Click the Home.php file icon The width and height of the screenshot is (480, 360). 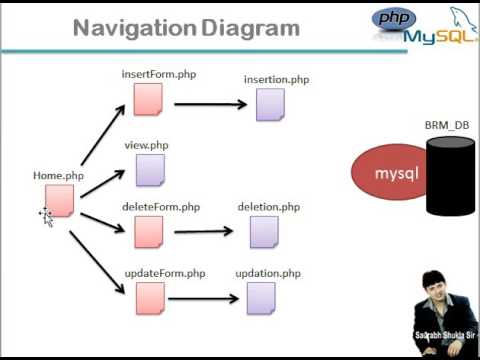pyautogui.click(x=60, y=200)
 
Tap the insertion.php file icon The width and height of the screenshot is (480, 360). pyautogui.click(x=269, y=103)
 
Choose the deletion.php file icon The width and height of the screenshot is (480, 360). pyautogui.click(x=264, y=232)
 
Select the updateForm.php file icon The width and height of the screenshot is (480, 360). pyautogui.click(x=149, y=297)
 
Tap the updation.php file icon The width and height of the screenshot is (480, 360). pyautogui.click(x=262, y=297)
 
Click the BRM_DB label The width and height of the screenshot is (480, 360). pyautogui.click(x=447, y=125)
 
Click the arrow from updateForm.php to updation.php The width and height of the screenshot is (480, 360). pyautogui.click(x=204, y=297)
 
